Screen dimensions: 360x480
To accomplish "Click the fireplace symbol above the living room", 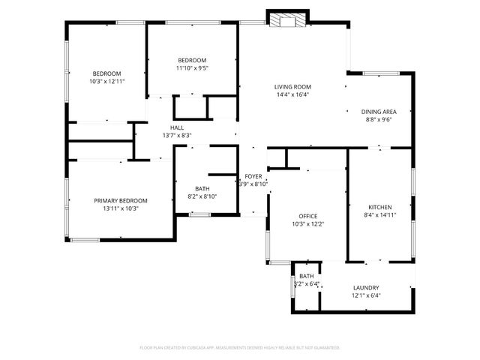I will click(x=283, y=21).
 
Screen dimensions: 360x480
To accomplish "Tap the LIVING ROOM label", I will click(x=292, y=87).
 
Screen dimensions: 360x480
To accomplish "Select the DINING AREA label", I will click(x=379, y=111).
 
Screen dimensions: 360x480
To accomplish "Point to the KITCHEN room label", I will click(x=379, y=207).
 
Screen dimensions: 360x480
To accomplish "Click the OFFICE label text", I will click(x=308, y=215).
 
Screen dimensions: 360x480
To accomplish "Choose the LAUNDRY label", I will click(x=366, y=287).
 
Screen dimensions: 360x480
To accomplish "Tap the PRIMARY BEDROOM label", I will click(x=120, y=200).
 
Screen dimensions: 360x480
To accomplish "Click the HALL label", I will click(x=177, y=127).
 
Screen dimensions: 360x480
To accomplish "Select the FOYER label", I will click(x=253, y=176).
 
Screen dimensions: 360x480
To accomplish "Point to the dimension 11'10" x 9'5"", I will click(x=191, y=67).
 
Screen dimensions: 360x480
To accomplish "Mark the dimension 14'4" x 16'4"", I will click(x=292, y=94).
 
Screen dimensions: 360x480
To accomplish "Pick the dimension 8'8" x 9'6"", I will click(x=379, y=118).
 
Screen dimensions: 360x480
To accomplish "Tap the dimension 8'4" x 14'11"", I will click(x=379, y=214).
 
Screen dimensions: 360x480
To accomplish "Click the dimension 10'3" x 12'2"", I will click(x=308, y=223).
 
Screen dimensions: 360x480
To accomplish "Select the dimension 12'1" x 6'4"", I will click(x=366, y=295).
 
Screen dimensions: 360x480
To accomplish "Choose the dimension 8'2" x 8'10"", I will click(x=202, y=196).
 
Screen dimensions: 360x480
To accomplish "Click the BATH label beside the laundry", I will click(x=307, y=276).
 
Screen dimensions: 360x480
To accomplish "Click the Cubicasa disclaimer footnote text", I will click(x=240, y=347).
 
